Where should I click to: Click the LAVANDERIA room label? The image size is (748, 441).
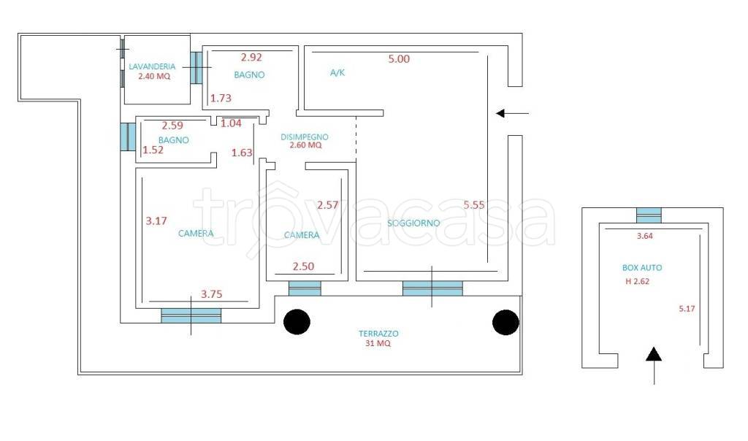tap(152, 66)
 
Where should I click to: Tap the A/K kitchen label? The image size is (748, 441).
tap(337, 73)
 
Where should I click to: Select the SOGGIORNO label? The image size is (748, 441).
tap(413, 223)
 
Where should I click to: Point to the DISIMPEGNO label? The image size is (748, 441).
tap(305, 137)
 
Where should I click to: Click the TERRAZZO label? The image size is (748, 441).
tap(378, 334)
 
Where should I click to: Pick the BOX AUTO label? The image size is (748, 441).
tap(642, 268)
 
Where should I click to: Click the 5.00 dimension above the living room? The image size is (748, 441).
tap(399, 59)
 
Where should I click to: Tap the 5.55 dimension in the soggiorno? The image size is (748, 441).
tap(473, 205)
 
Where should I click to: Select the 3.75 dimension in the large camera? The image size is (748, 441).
tap(211, 295)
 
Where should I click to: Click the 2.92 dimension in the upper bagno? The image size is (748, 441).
tap(251, 57)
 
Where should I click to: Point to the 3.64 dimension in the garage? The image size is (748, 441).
tap(645, 236)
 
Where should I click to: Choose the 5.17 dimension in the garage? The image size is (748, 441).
tap(687, 309)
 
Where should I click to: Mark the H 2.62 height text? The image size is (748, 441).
tap(637, 282)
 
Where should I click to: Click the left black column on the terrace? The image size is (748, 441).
tap(297, 322)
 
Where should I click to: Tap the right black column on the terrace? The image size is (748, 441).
tap(505, 322)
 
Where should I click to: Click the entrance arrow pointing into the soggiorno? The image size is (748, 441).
tap(512, 113)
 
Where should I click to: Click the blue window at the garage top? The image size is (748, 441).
tap(649, 215)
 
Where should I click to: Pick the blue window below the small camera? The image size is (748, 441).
tap(305, 288)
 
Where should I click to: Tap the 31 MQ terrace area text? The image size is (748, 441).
tap(378, 343)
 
